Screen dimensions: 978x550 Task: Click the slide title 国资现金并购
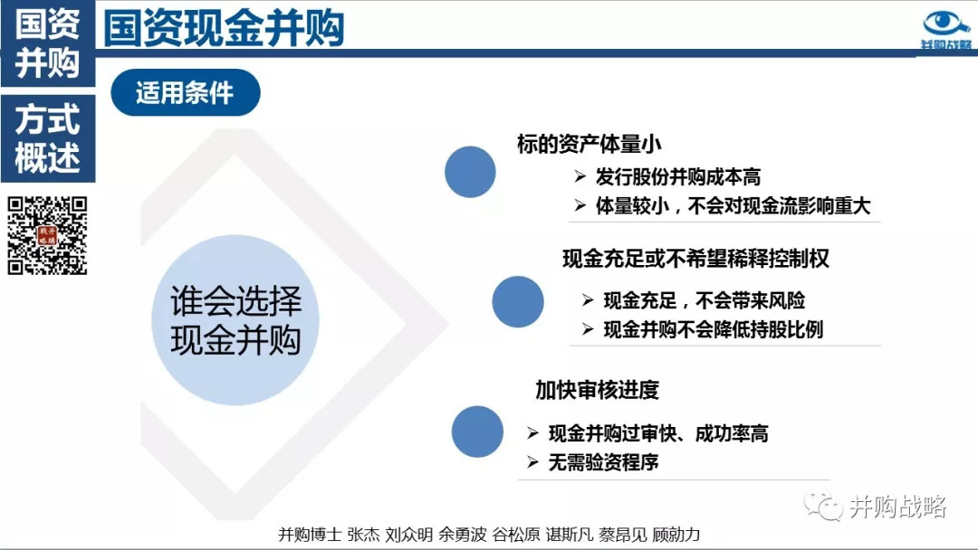click(224, 28)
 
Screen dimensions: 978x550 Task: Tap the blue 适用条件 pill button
click(186, 93)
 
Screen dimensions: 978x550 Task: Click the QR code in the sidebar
click(47, 235)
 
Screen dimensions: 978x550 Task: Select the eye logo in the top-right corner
click(945, 29)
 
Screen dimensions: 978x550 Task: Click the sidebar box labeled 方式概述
click(48, 138)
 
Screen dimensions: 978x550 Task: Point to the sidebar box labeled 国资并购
click(48, 43)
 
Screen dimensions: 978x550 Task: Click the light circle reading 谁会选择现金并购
click(235, 320)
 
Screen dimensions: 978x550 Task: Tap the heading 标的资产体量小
click(589, 144)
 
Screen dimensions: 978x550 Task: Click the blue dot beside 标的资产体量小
click(470, 172)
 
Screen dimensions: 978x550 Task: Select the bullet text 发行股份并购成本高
click(677, 177)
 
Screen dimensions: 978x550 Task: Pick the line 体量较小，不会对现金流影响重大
click(733, 205)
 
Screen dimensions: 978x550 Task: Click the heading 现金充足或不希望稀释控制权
click(695, 259)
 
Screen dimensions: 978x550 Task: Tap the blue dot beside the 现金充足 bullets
click(518, 301)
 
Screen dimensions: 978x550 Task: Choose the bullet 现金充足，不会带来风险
click(705, 301)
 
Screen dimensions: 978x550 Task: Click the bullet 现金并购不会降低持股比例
click(713, 329)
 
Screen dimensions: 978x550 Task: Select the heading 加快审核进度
click(597, 390)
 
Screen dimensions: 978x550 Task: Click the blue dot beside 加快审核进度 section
click(477, 431)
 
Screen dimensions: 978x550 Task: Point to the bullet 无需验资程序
click(603, 462)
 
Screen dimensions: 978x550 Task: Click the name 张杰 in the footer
click(363, 535)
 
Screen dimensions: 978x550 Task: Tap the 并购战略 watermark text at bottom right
click(898, 507)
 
